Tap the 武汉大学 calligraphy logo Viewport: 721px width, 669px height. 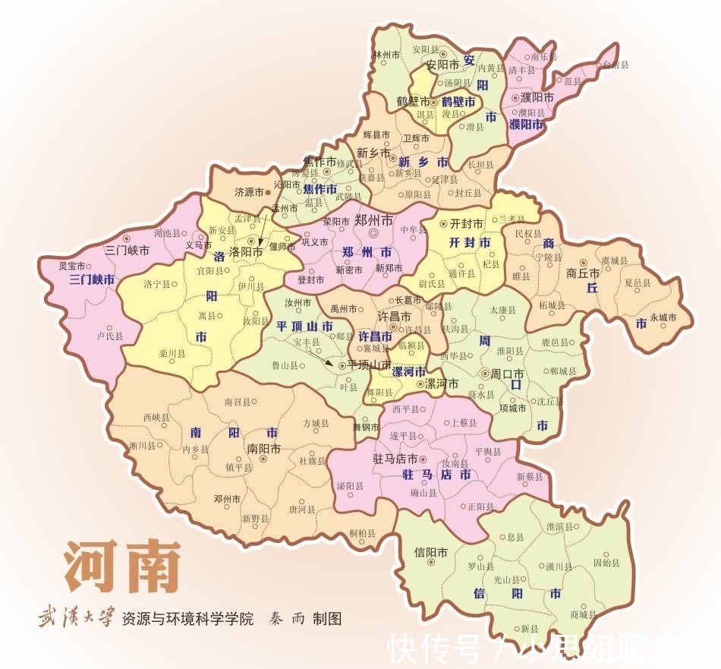click(x=76, y=618)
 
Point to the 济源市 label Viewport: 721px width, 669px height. click(x=247, y=193)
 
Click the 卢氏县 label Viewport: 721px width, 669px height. click(x=110, y=335)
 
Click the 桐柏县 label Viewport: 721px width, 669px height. click(x=362, y=533)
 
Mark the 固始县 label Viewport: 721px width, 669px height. click(x=606, y=563)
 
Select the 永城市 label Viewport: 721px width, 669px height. click(x=663, y=317)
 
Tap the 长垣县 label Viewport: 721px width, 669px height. click(x=481, y=164)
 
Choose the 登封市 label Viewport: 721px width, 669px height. click(x=311, y=279)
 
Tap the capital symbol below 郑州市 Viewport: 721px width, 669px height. click(x=373, y=235)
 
